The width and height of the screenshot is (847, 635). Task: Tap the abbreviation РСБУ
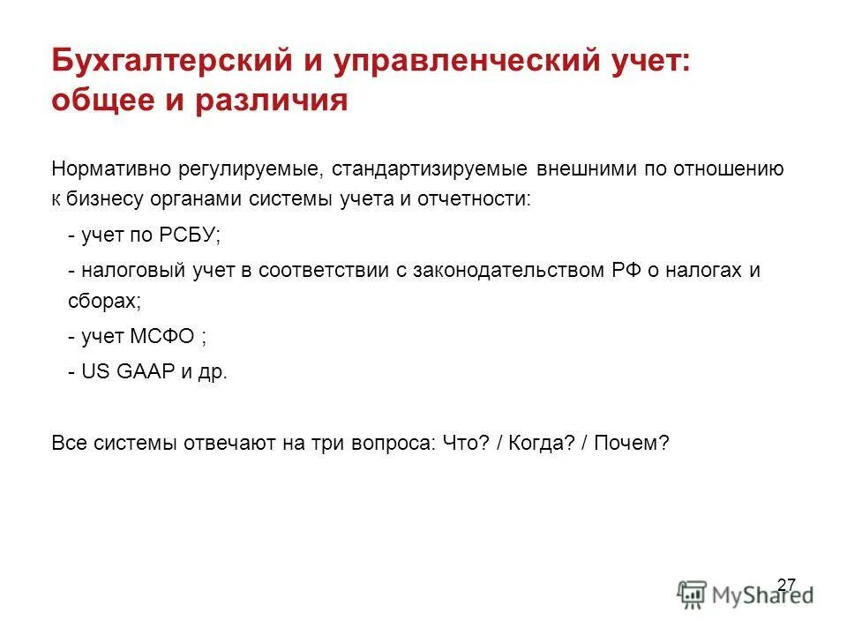point(191,236)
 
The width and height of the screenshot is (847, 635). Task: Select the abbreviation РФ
point(621,270)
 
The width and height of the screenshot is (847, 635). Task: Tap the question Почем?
point(633,443)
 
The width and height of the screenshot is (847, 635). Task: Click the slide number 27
point(786,584)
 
